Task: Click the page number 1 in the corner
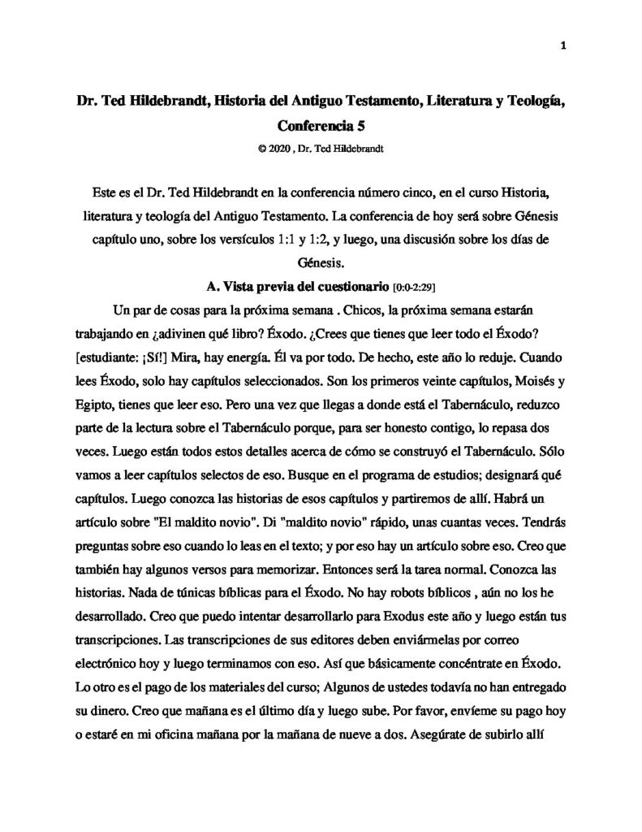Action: [x=562, y=46]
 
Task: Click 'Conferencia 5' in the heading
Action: [x=321, y=126]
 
